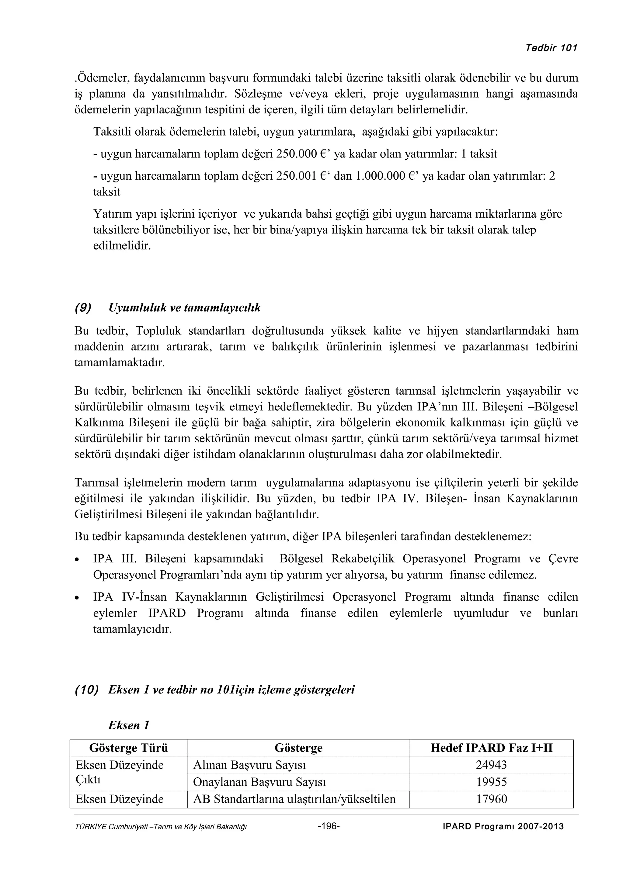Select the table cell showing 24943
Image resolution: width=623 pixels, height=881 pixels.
[491, 765]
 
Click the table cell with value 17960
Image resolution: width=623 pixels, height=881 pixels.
[491, 799]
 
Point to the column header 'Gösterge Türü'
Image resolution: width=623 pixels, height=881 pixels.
[129, 748]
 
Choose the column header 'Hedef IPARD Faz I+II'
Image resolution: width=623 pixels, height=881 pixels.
[491, 748]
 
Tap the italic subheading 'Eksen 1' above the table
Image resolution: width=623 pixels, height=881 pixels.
[129, 725]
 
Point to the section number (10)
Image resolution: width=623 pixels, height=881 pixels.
[86, 689]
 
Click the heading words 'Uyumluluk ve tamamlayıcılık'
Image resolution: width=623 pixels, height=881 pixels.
[184, 308]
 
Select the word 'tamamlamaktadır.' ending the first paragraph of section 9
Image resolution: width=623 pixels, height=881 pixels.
[119, 363]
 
